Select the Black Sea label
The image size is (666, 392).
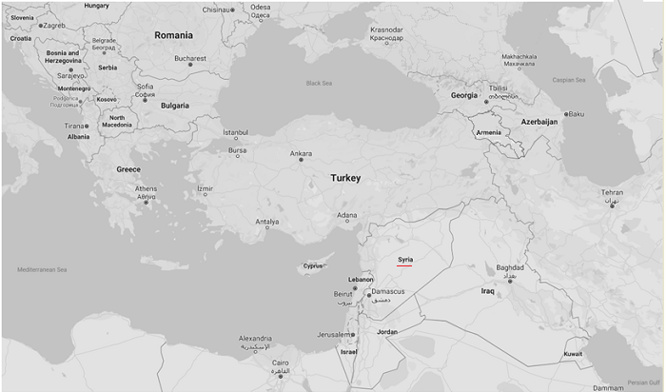[x=320, y=83]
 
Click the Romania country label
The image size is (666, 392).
[x=173, y=35]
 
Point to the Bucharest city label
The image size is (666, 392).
[x=189, y=59]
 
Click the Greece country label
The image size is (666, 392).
[x=128, y=169]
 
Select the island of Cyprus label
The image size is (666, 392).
[x=313, y=265]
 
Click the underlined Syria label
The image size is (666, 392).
[x=405, y=259]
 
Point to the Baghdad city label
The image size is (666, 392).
[x=510, y=267]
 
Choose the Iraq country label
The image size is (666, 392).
[x=488, y=290]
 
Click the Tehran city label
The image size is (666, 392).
[x=612, y=193]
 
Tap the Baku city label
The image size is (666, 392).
[x=576, y=114]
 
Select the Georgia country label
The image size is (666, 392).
[x=463, y=95]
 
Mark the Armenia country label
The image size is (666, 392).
[x=487, y=132]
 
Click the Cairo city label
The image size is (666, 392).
[x=281, y=363]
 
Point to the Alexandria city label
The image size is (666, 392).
[x=255, y=339]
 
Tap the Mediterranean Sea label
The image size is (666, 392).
[x=42, y=270]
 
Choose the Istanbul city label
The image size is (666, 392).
[x=235, y=132]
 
